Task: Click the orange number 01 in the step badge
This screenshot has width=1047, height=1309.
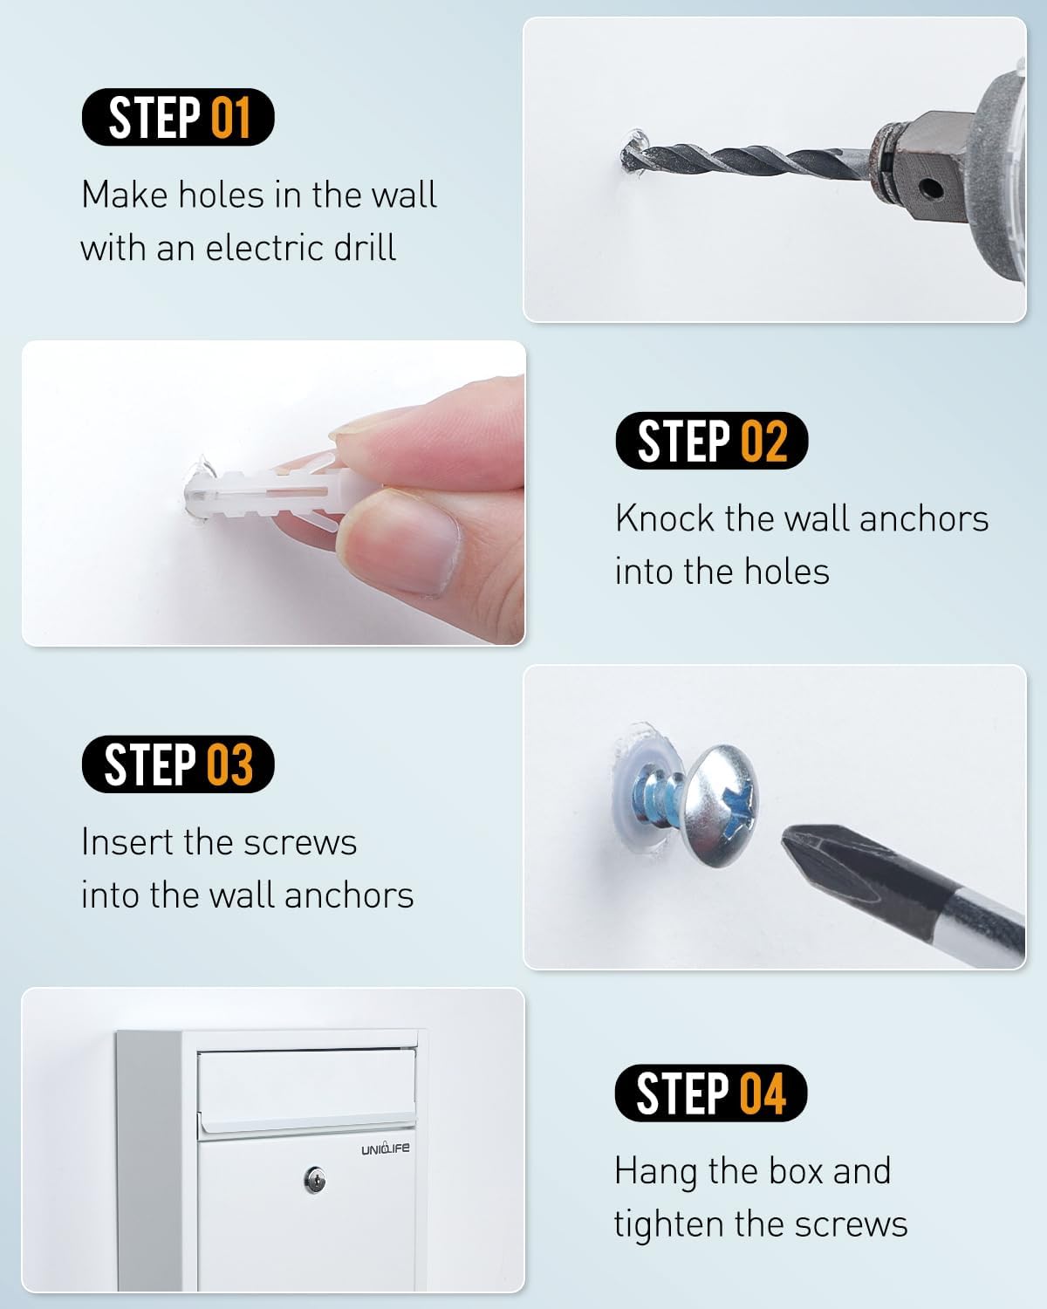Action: tap(231, 117)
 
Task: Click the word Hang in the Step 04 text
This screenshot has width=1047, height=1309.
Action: tap(656, 1172)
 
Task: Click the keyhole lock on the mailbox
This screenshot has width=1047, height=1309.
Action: tap(314, 1181)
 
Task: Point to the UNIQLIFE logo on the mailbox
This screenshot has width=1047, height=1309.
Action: tap(386, 1148)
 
